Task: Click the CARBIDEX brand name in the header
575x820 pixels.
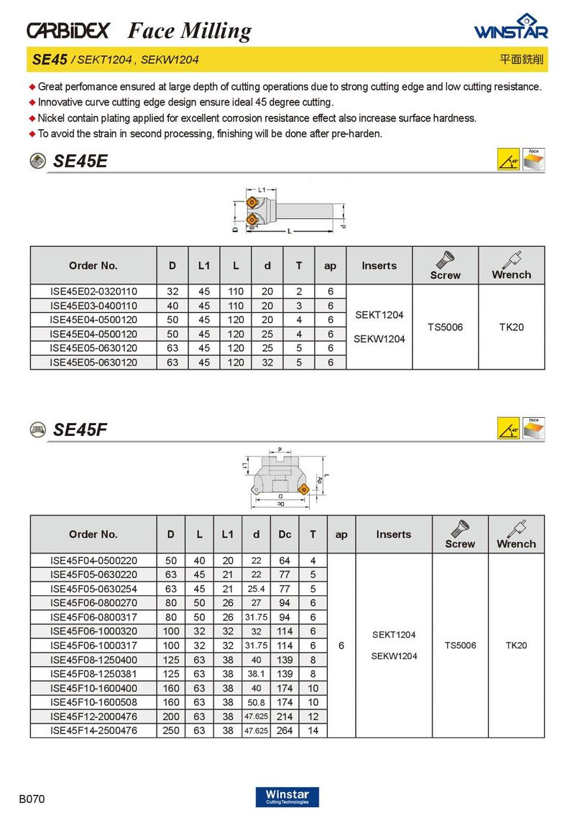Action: (x=68, y=30)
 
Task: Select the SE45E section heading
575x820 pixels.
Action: (x=80, y=162)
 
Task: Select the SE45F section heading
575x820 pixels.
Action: (x=80, y=430)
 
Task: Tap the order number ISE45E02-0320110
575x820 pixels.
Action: (x=93, y=291)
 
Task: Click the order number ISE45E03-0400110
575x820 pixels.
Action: (x=93, y=305)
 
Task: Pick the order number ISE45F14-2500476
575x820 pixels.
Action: (x=93, y=730)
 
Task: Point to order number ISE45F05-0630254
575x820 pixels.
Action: (x=93, y=589)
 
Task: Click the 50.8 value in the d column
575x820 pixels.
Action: (x=256, y=702)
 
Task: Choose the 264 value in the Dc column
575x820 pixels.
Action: (x=285, y=730)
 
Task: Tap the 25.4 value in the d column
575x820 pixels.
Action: (x=256, y=589)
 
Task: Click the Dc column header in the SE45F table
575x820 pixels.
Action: (x=285, y=534)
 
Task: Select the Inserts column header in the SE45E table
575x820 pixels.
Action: (x=379, y=266)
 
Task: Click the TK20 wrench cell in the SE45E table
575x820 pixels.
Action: (x=511, y=327)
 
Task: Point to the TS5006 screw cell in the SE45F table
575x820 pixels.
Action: (x=460, y=645)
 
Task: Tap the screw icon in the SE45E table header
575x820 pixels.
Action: (x=445, y=259)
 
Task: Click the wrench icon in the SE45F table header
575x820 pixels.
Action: (x=516, y=528)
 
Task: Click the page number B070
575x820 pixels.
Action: (x=32, y=798)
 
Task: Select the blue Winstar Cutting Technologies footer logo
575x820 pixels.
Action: (x=287, y=797)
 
